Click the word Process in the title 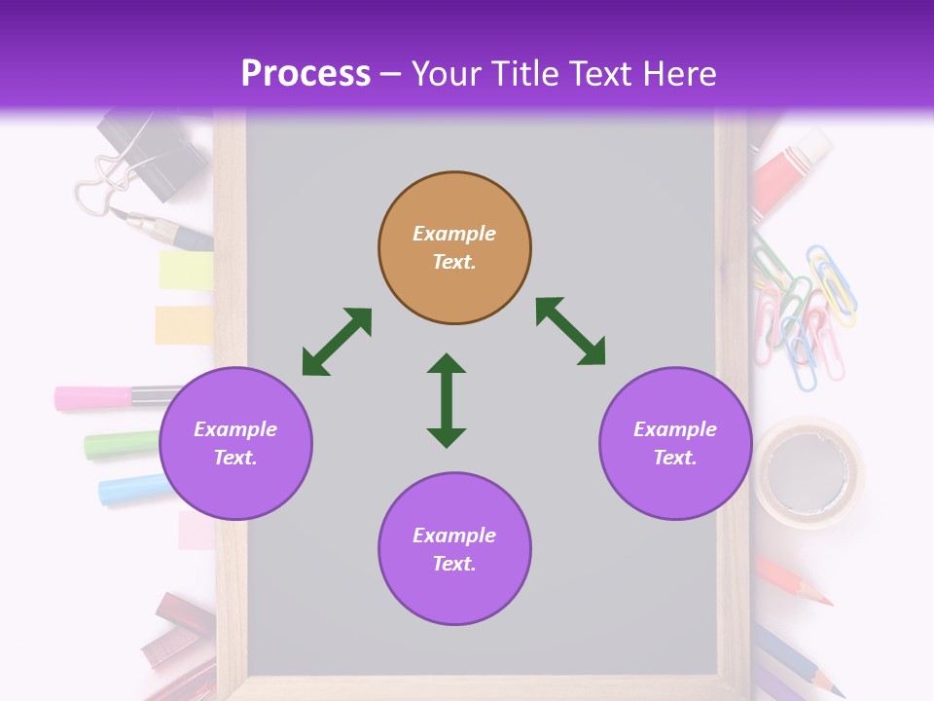(305, 74)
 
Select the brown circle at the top (454, 248)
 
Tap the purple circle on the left (235, 443)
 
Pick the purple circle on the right (675, 443)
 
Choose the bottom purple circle (454, 549)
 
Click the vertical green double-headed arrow (447, 400)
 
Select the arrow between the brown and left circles (337, 342)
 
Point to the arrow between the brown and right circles (570, 331)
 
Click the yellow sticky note (186, 271)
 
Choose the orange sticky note (184, 324)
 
